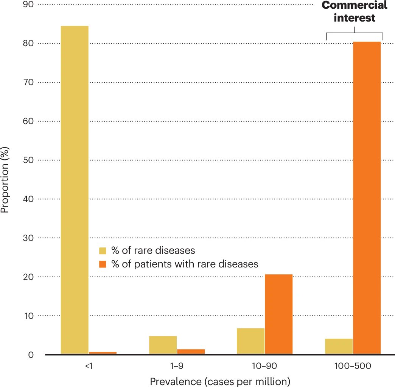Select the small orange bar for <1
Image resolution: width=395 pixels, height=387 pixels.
[102, 353]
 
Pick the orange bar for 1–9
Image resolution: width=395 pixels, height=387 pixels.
[191, 351]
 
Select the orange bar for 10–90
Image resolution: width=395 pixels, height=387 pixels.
[278, 314]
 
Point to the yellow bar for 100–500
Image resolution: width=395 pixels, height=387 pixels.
[339, 347]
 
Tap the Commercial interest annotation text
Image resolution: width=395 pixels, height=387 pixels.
[355, 12]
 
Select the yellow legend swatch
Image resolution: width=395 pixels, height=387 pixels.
[103, 251]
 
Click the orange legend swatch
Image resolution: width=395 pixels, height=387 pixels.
[103, 264]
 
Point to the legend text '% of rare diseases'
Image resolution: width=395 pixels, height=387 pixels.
[153, 251]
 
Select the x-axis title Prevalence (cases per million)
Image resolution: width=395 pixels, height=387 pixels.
[220, 381]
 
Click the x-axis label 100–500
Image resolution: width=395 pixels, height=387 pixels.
[353, 366]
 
